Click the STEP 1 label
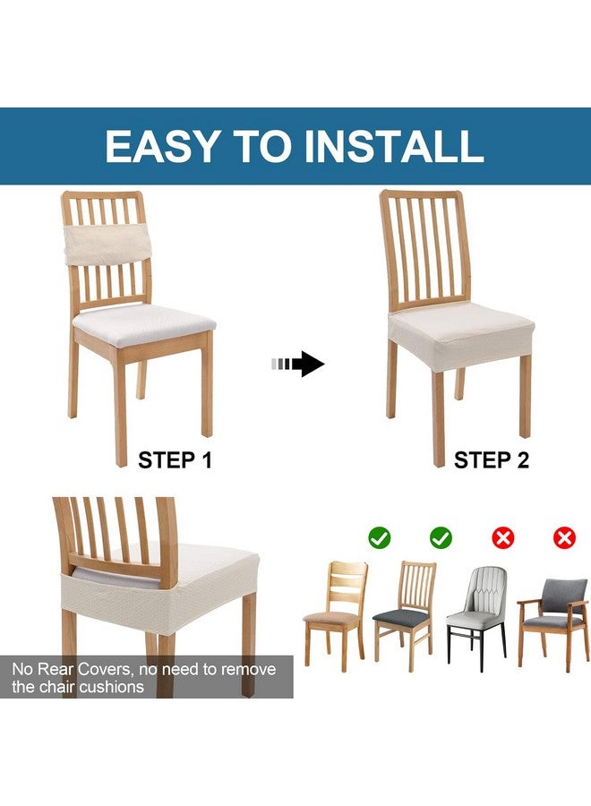pyautogui.click(x=175, y=460)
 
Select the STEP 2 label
pyautogui.click(x=492, y=460)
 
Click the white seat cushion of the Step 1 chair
pyautogui.click(x=143, y=318)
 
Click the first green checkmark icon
pyautogui.click(x=379, y=537)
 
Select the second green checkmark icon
pyautogui.click(x=441, y=537)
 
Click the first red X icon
pyautogui.click(x=503, y=537)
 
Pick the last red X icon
pyautogui.click(x=564, y=537)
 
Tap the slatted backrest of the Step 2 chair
pyautogui.click(x=424, y=251)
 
